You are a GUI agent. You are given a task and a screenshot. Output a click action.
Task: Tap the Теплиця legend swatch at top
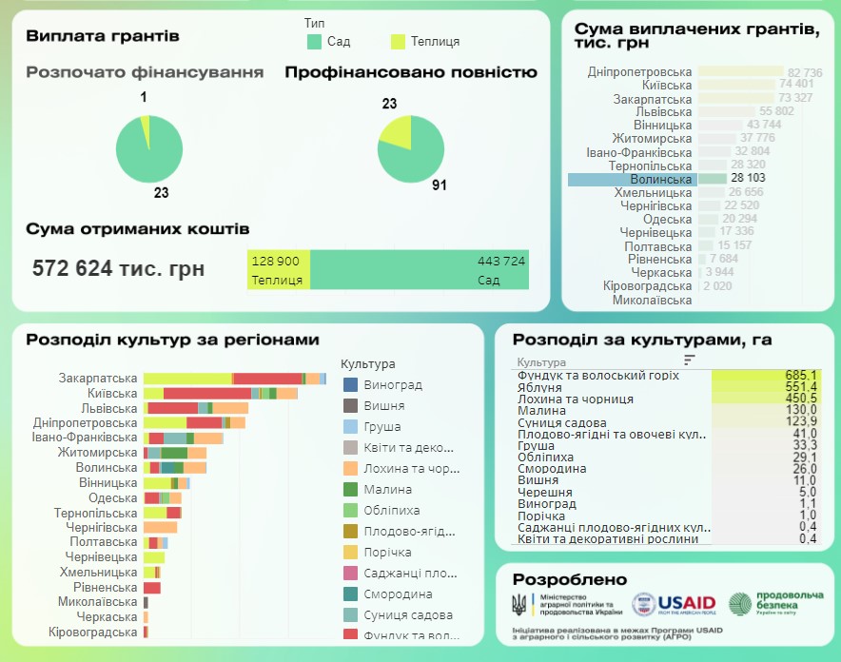coord(399,41)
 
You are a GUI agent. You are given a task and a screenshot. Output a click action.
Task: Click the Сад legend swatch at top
coord(315,41)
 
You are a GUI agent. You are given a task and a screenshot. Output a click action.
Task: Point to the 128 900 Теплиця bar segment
coord(278,270)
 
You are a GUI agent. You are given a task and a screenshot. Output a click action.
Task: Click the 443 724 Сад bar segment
coord(419,270)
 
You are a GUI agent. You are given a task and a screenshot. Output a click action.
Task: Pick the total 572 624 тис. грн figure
coord(118,268)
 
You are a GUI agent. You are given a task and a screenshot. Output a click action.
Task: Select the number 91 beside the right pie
coord(439,185)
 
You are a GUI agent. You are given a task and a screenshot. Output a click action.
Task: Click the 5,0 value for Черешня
coord(808,492)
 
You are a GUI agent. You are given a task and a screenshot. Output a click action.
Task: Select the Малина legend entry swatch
coord(349,489)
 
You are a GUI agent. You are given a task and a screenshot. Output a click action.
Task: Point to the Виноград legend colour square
coord(349,385)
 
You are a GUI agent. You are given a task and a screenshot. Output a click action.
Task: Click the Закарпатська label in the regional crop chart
coord(98,378)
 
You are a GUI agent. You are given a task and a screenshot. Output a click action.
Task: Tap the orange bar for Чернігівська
coord(160,527)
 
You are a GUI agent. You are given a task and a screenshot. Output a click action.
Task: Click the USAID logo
coord(673,602)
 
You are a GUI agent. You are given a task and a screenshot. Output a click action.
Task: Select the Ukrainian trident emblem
coord(518,604)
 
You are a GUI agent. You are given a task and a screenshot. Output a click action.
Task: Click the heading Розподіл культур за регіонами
coord(172,340)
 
